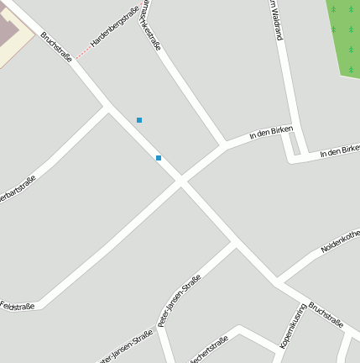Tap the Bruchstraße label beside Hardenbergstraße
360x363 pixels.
[56, 46]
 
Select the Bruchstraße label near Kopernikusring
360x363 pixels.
[326, 314]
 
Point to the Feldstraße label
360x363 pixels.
[18, 306]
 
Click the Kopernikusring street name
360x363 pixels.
[292, 326]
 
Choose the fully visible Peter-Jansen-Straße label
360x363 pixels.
[179, 300]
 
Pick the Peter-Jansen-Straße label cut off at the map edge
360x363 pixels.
[126, 346]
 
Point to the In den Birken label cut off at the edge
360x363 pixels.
[340, 151]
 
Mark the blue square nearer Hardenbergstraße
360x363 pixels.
[139, 120]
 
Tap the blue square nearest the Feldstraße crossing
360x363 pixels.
[158, 157]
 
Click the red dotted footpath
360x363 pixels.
[84, 51]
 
